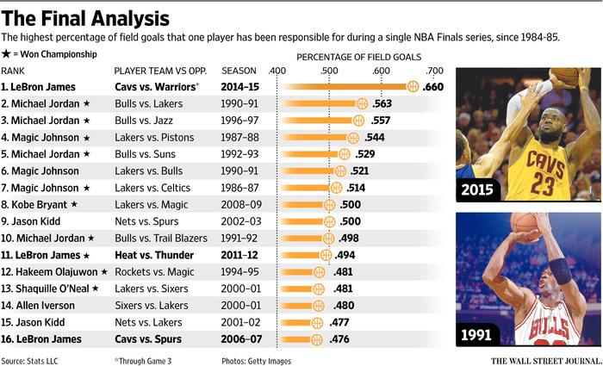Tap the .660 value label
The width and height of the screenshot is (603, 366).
click(x=433, y=87)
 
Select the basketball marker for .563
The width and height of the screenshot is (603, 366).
click(x=362, y=103)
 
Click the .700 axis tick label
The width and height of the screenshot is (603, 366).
click(x=434, y=71)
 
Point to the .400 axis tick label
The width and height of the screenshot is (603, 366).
click(x=277, y=71)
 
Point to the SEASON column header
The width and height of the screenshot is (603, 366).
click(x=241, y=71)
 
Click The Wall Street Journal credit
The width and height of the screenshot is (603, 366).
click(x=545, y=361)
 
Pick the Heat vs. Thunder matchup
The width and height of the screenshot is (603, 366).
click(x=154, y=255)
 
